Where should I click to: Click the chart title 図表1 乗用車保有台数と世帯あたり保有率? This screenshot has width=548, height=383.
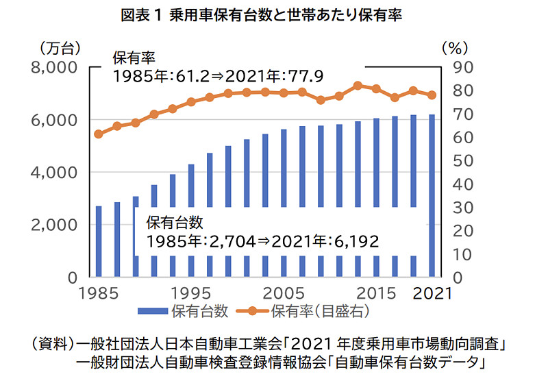pyautogui.click(x=274, y=15)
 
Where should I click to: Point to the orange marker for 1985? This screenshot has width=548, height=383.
pyautogui.click(x=99, y=134)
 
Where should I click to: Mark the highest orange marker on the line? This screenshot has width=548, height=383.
pyautogui.click(x=358, y=86)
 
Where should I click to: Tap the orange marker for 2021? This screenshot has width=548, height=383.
pyautogui.click(x=432, y=95)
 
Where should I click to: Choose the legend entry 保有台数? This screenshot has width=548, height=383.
pyautogui.click(x=184, y=311)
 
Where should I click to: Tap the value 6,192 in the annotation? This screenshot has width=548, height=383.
pyautogui.click(x=356, y=241)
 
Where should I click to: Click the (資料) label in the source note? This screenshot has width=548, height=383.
pyautogui.click(x=52, y=342)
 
